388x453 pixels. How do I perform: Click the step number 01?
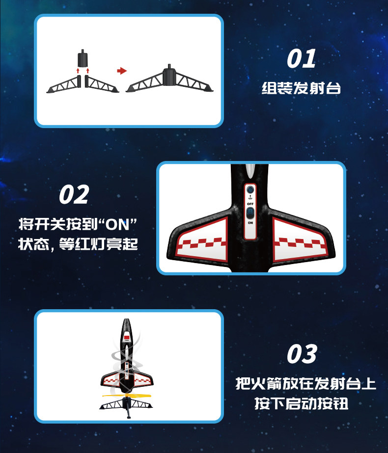pyautogui.click(x=301, y=58)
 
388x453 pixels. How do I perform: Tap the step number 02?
pyautogui.click(x=74, y=194)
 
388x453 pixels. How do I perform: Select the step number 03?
pyautogui.click(x=302, y=354)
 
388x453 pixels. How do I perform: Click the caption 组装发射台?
pyautogui.click(x=301, y=88)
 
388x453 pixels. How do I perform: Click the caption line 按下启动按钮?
pyautogui.click(x=301, y=403)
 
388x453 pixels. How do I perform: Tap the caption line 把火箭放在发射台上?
pyautogui.click(x=305, y=384)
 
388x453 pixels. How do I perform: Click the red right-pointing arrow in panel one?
pyautogui.click(x=122, y=71)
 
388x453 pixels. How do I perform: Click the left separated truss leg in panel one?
pyautogui.click(x=64, y=84)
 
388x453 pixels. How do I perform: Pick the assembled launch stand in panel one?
pyautogui.click(x=170, y=79)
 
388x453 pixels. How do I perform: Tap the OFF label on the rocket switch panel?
pyautogui.click(x=250, y=204)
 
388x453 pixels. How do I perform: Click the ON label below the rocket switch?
pyautogui.click(x=250, y=223)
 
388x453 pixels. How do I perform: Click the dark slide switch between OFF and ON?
pyautogui.click(x=250, y=213)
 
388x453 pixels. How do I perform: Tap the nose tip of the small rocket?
pyautogui.click(x=127, y=319)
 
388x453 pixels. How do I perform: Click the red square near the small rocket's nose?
pyautogui.click(x=127, y=337)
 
